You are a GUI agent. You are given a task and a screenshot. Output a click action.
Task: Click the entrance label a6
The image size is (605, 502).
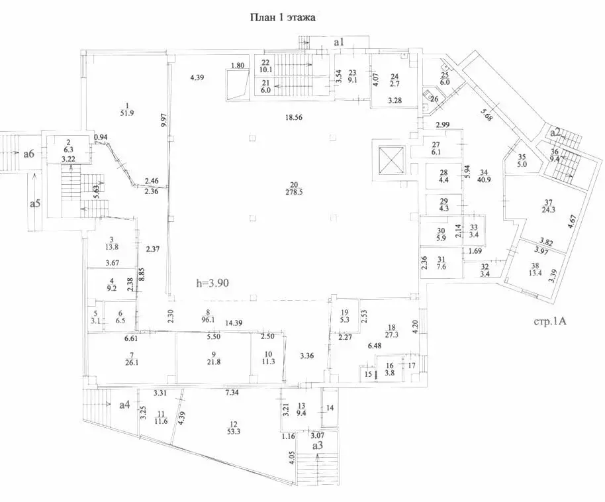tap(28, 154)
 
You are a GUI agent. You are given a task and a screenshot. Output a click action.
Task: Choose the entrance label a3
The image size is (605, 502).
tap(318, 446)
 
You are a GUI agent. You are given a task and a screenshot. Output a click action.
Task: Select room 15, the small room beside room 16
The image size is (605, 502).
tap(368, 374)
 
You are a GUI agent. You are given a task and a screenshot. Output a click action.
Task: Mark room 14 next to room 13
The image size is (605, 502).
tap(330, 408)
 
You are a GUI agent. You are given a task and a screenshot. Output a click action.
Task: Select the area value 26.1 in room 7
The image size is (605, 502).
tap(132, 362)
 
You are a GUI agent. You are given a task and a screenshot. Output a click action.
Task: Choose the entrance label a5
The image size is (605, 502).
tap(34, 203)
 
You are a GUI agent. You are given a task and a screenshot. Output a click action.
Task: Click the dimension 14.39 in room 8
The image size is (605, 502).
tap(233, 323)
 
